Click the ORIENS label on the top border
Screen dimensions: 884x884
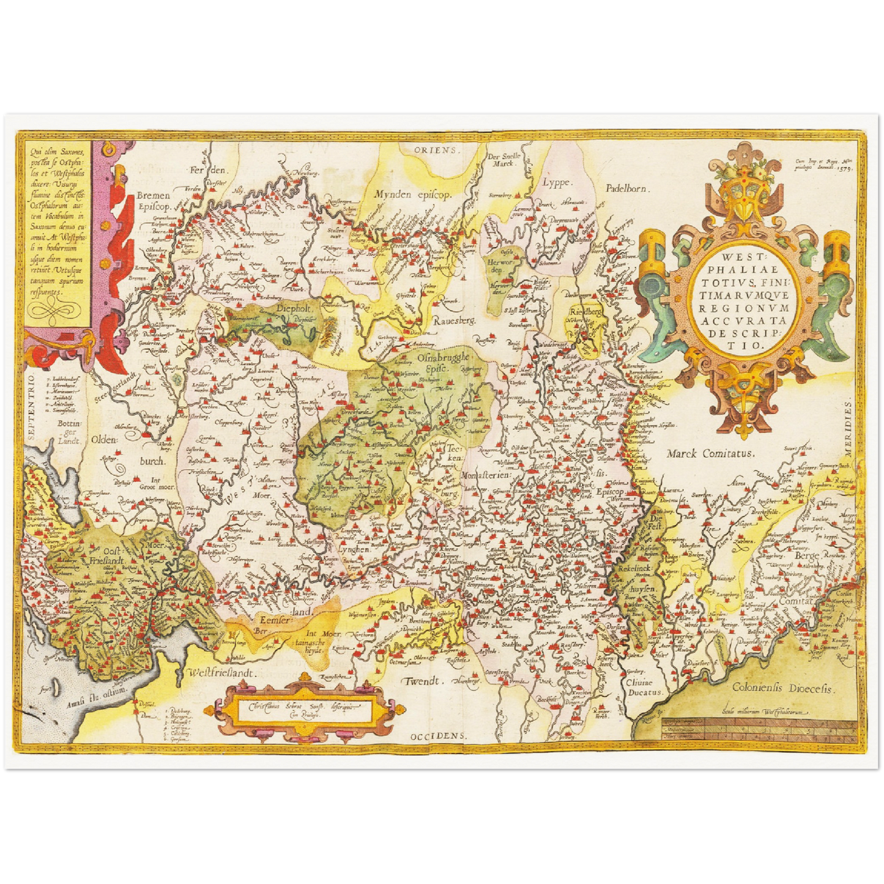pos(435,150)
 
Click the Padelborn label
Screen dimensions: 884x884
pos(628,189)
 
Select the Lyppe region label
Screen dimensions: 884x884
pos(557,182)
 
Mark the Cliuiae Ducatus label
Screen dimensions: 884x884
pos(644,688)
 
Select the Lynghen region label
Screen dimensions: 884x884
pos(354,549)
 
